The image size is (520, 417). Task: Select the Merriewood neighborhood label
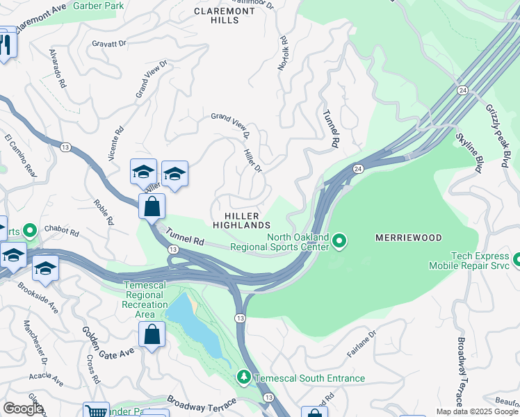click(408, 238)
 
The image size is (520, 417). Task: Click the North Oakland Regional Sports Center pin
click(339, 241)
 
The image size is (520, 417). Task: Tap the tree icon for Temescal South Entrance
click(243, 377)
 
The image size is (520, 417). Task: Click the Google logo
click(22, 409)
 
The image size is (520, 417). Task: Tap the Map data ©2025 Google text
click(477, 411)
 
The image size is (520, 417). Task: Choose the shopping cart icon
click(96, 411)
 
